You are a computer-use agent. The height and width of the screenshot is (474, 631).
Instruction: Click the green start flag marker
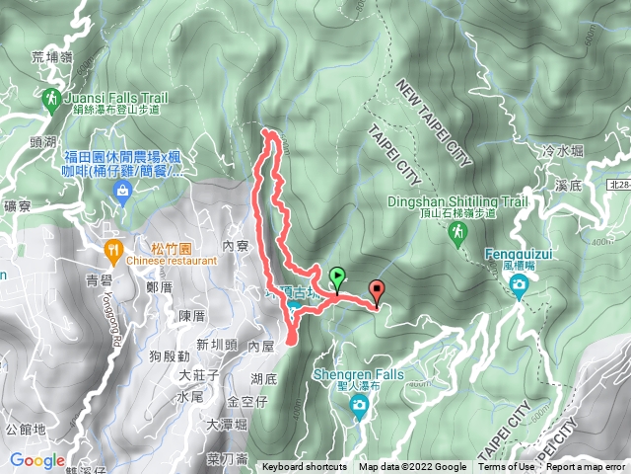[338, 277]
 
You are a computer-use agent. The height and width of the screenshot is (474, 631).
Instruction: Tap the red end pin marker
[377, 290]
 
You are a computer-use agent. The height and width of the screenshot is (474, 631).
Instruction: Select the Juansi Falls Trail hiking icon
[51, 99]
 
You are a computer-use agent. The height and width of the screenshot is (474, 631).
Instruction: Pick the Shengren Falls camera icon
[361, 406]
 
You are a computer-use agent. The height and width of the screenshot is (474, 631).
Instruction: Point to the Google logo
[37, 461]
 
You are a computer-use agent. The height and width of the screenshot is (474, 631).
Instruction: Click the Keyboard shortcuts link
[304, 467]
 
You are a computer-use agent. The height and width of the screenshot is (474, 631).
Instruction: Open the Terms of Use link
[507, 467]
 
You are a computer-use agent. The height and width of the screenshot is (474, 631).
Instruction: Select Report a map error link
[587, 467]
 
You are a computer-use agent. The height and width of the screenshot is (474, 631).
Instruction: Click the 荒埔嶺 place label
[51, 56]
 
